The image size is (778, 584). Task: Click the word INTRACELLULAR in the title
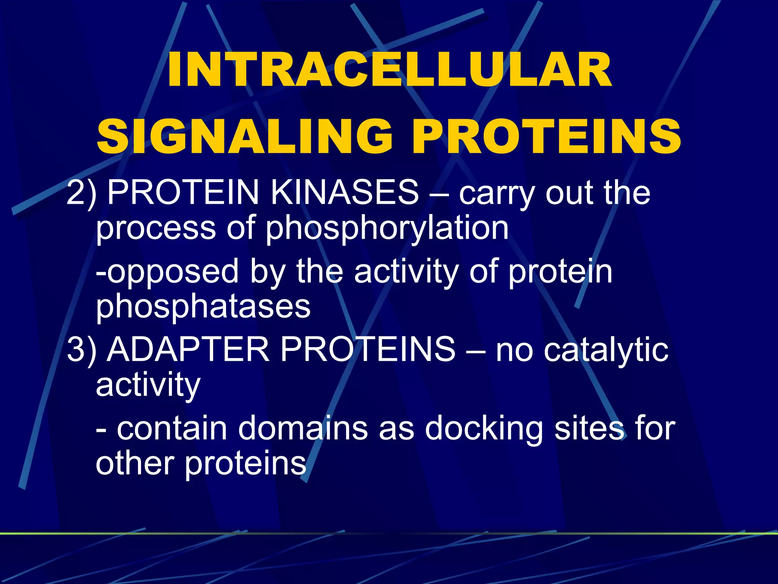tap(389, 71)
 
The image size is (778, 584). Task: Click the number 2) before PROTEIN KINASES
tap(81, 193)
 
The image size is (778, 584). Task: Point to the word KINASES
tap(344, 192)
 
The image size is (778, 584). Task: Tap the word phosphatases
tap(203, 307)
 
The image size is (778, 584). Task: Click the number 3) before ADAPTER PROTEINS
tap(81, 350)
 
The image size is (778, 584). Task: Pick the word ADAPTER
tap(188, 350)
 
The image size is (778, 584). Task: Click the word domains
tap(302, 429)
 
